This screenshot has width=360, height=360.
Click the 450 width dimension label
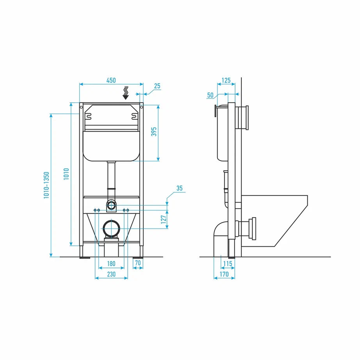point(111,80)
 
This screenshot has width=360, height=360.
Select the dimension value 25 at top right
point(157,86)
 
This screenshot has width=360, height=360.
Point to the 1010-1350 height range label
point(46,185)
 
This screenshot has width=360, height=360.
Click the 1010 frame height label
point(66,175)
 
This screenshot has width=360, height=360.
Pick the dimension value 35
point(179,188)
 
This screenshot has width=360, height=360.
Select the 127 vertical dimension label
point(164,219)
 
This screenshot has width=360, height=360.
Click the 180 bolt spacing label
point(111,264)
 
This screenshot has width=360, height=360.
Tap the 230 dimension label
point(111,274)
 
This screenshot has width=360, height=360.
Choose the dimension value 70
point(138,264)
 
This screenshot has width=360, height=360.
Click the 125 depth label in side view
point(226,80)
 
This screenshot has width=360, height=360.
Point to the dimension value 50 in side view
point(210,95)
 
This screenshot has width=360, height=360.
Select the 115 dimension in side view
point(228,264)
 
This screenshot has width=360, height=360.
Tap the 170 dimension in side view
point(224,274)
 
